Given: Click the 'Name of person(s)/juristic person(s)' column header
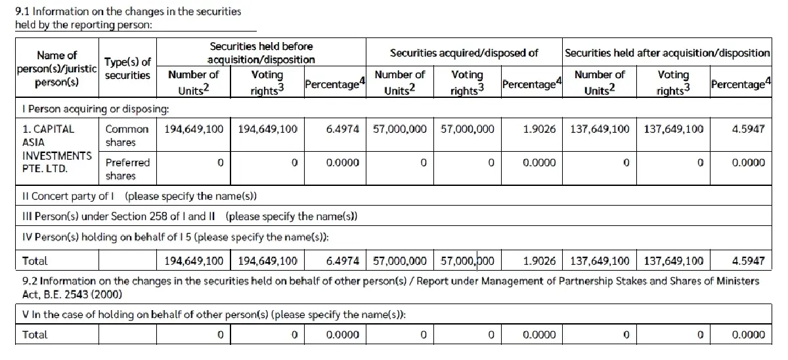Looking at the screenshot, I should (56, 69).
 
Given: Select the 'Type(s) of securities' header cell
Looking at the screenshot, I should (127, 68).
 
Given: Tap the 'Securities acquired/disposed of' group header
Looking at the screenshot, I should (464, 53).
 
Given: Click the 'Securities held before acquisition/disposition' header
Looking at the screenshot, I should (261, 53).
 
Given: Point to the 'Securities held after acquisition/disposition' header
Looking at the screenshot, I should (667, 53).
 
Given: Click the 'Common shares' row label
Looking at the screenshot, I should (127, 135).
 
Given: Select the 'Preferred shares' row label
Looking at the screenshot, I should (127, 169).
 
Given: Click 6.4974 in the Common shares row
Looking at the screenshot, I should (342, 129).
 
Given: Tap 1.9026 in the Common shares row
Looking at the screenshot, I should (539, 129).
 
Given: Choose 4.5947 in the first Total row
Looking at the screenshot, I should (748, 261).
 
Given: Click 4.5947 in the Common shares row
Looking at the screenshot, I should (748, 129).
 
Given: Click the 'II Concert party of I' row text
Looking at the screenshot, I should (139, 196).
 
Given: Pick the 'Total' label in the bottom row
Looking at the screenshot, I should (35, 334).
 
